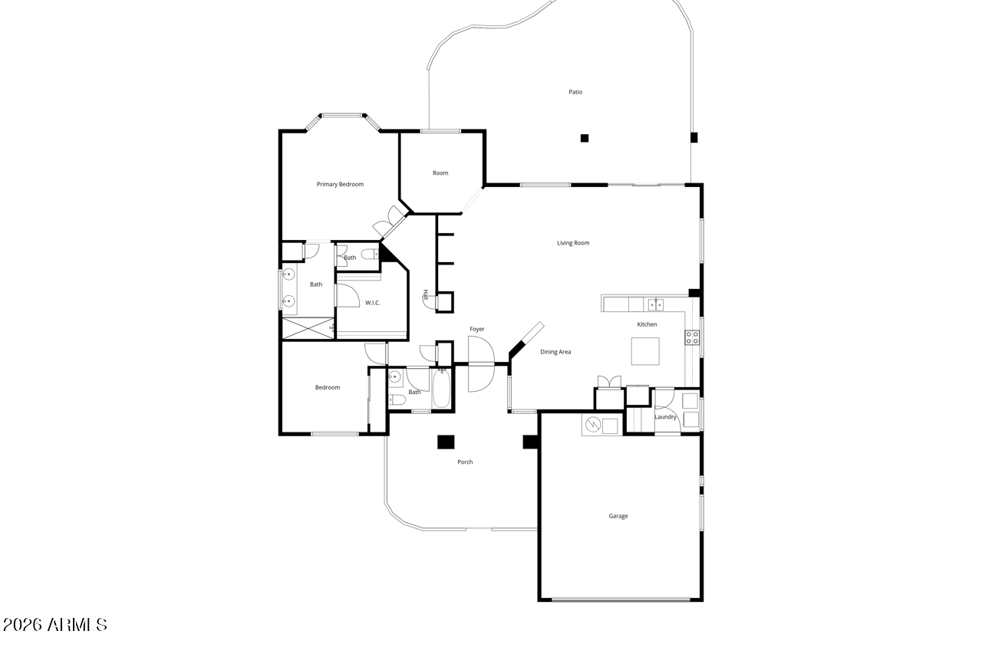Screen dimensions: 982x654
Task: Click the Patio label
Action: tap(575, 92)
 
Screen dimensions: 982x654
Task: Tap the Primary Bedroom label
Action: tap(340, 185)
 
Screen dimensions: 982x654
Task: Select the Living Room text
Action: tap(573, 243)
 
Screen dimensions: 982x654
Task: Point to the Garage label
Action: tap(618, 516)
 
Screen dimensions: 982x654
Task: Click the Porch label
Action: tap(465, 462)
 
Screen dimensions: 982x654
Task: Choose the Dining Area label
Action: tap(555, 352)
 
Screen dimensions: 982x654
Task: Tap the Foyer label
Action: tap(477, 329)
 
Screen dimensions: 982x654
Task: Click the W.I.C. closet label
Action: tap(373, 303)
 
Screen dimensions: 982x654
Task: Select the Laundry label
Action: tap(665, 417)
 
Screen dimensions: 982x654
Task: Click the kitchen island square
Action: tap(645, 351)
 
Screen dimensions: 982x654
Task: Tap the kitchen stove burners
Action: tap(692, 337)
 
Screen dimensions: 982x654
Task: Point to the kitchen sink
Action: tap(656, 304)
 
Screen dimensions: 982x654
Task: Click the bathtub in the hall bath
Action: tap(441, 389)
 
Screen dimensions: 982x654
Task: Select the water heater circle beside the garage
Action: tap(593, 425)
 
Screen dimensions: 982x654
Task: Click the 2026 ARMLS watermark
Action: tap(54, 625)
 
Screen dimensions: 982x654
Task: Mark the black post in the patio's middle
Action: tap(585, 138)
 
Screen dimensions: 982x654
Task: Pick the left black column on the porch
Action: tap(446, 442)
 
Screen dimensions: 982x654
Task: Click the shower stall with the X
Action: tap(308, 328)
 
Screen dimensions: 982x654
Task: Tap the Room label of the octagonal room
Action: tap(440, 173)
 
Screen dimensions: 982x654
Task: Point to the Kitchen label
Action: tap(647, 324)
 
